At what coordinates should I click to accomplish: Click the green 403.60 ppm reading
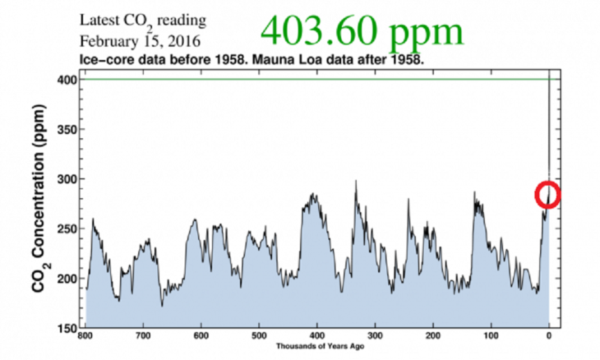[x=362, y=31]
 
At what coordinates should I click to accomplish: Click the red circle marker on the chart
[x=548, y=195]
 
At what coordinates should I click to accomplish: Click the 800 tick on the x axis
[x=86, y=336]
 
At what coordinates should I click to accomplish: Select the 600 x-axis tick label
[x=202, y=336]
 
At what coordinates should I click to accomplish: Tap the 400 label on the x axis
[x=317, y=336]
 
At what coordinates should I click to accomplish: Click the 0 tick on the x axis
[x=549, y=336]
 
